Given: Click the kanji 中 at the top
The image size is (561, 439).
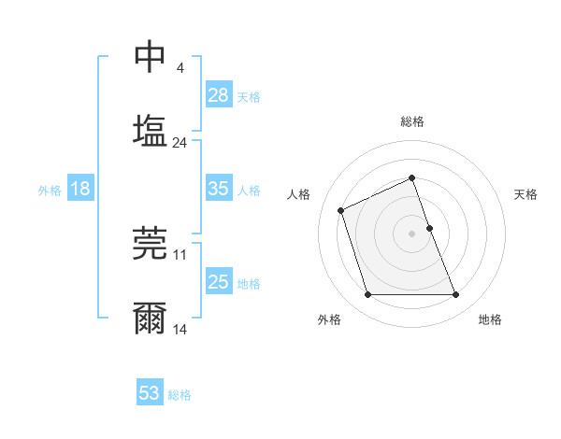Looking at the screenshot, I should coord(150,57).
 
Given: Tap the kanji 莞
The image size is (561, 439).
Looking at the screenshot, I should coord(150,245).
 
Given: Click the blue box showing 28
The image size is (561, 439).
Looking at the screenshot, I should coord(219,94).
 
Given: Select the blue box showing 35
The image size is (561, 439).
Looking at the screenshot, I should coord(219,189).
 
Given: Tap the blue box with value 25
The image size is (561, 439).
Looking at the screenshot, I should coord(219,282).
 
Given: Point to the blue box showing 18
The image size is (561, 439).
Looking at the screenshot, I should coord(80,189).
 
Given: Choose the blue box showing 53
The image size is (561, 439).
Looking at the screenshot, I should coord(150,393).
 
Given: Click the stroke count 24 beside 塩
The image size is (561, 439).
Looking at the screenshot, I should coord(180,143).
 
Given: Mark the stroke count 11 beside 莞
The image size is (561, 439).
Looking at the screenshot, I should coord(180,254).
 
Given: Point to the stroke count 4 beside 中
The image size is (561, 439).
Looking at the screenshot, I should coord(180,68).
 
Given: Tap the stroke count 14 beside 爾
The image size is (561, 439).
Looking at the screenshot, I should coord(180,330).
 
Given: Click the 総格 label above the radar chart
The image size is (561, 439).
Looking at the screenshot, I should coord(412,121).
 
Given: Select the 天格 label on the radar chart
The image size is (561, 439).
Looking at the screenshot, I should coord(526,194).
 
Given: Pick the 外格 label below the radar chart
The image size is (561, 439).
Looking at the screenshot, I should coord(329,319).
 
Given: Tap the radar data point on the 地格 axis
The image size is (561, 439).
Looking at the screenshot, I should coord(456,295).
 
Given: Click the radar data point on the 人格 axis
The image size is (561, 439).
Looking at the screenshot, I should coord(341,210).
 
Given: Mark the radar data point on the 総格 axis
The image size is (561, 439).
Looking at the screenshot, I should coord(412,177).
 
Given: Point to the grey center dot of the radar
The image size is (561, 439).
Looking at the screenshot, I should coord(412,234).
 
